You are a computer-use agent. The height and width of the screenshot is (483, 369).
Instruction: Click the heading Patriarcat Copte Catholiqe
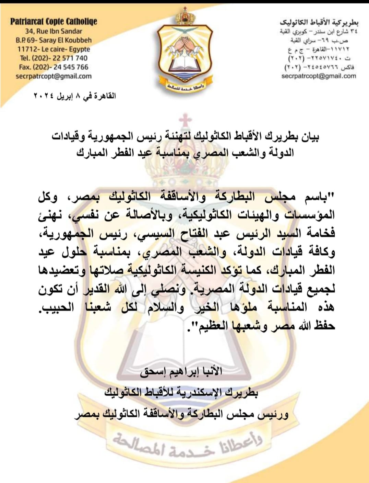click(x=53, y=22)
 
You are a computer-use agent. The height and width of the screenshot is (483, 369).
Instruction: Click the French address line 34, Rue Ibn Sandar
click(x=53, y=31)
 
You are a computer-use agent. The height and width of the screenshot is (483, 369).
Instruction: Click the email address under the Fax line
click(x=53, y=76)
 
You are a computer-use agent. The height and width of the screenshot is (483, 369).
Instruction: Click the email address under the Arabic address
click(x=319, y=76)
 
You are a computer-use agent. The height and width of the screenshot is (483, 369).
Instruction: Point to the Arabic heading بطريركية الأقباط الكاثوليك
click(x=319, y=23)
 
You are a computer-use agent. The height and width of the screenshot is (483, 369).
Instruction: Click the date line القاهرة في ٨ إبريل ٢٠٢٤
click(x=74, y=96)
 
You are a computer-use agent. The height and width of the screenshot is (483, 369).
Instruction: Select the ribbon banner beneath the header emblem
click(x=184, y=86)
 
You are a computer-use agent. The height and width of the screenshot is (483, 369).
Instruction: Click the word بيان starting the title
click(x=311, y=137)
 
